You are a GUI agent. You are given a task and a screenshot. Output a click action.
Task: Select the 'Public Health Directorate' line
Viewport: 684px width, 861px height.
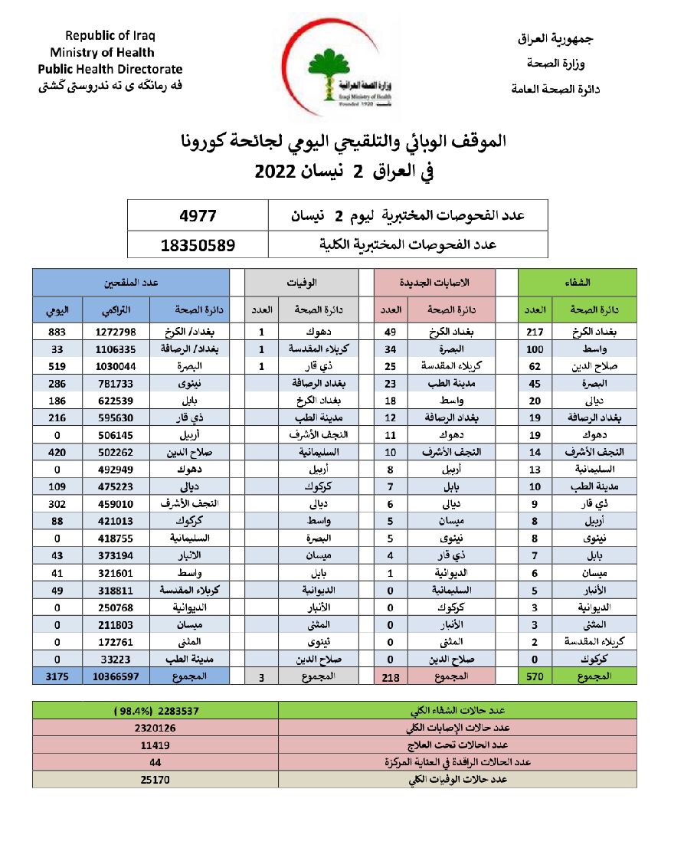pos(110,69)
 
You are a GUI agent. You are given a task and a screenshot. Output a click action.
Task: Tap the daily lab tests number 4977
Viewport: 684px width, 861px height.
pos(198,217)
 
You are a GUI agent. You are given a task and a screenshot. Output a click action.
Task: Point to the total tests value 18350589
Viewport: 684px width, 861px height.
pos(198,245)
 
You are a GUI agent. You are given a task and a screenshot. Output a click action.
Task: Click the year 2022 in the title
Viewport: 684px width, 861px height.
pos(275,172)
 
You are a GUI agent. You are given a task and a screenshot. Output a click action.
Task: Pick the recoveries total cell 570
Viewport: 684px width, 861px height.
pos(535,676)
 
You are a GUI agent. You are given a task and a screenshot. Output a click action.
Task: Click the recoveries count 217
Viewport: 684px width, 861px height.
pos(535,332)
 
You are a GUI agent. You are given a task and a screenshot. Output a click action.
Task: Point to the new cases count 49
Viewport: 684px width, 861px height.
pos(390,332)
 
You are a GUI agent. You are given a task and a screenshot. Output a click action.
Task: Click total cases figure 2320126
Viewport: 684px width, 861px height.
pos(154,728)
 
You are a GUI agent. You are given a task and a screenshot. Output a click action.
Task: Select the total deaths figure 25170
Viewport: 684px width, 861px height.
pos(154,780)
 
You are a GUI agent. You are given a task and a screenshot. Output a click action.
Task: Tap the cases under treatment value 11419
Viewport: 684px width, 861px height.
pos(154,745)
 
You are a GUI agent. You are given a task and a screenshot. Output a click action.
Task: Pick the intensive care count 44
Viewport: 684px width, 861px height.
pos(154,762)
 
